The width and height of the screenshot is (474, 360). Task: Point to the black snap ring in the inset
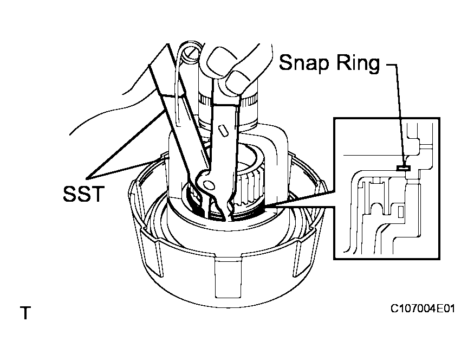[x=402, y=168]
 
